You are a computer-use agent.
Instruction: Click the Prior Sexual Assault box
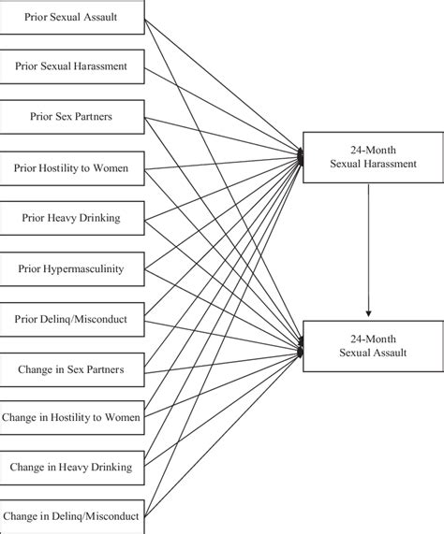73,16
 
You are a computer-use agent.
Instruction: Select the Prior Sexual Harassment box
73,66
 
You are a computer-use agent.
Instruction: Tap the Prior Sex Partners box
73,117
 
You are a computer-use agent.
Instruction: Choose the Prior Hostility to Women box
73,167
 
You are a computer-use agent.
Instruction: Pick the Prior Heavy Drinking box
73,218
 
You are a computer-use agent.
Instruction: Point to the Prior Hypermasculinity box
73,268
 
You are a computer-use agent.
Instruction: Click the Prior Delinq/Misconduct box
73,319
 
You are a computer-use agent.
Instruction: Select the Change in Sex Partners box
73,369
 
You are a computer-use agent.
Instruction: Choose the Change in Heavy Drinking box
73,465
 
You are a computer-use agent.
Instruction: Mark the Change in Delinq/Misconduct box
73,514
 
